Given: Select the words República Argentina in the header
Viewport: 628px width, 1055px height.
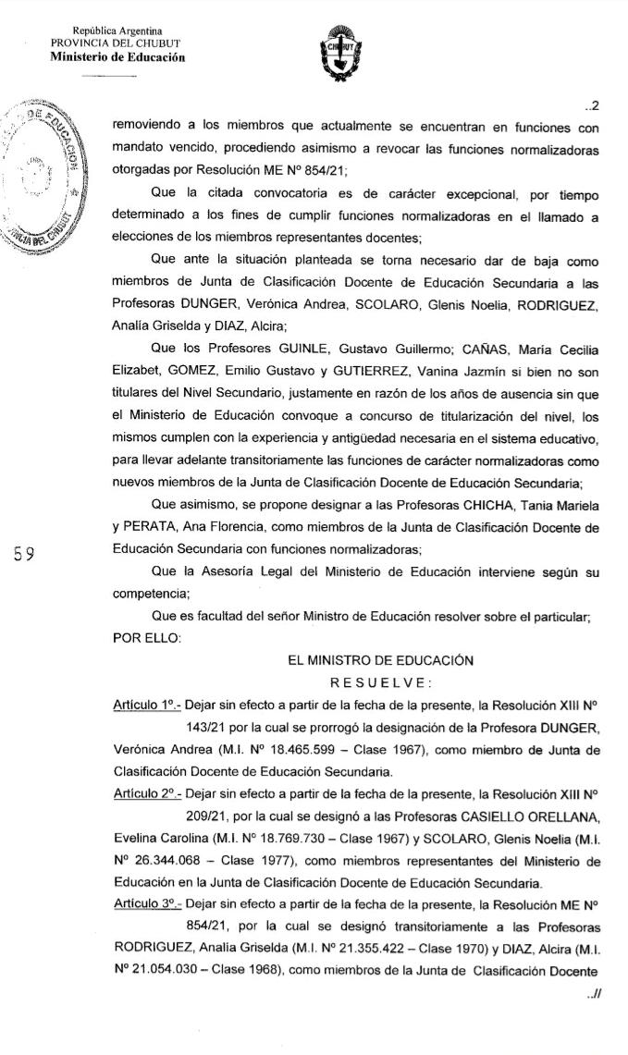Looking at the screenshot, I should [x=117, y=31].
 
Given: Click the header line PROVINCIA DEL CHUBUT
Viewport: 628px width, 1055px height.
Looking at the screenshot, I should [x=117, y=43].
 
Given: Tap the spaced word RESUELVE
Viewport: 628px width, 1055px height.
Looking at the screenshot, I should [x=381, y=682].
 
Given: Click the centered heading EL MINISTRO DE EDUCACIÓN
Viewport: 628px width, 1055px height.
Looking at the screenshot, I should [x=381, y=660].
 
